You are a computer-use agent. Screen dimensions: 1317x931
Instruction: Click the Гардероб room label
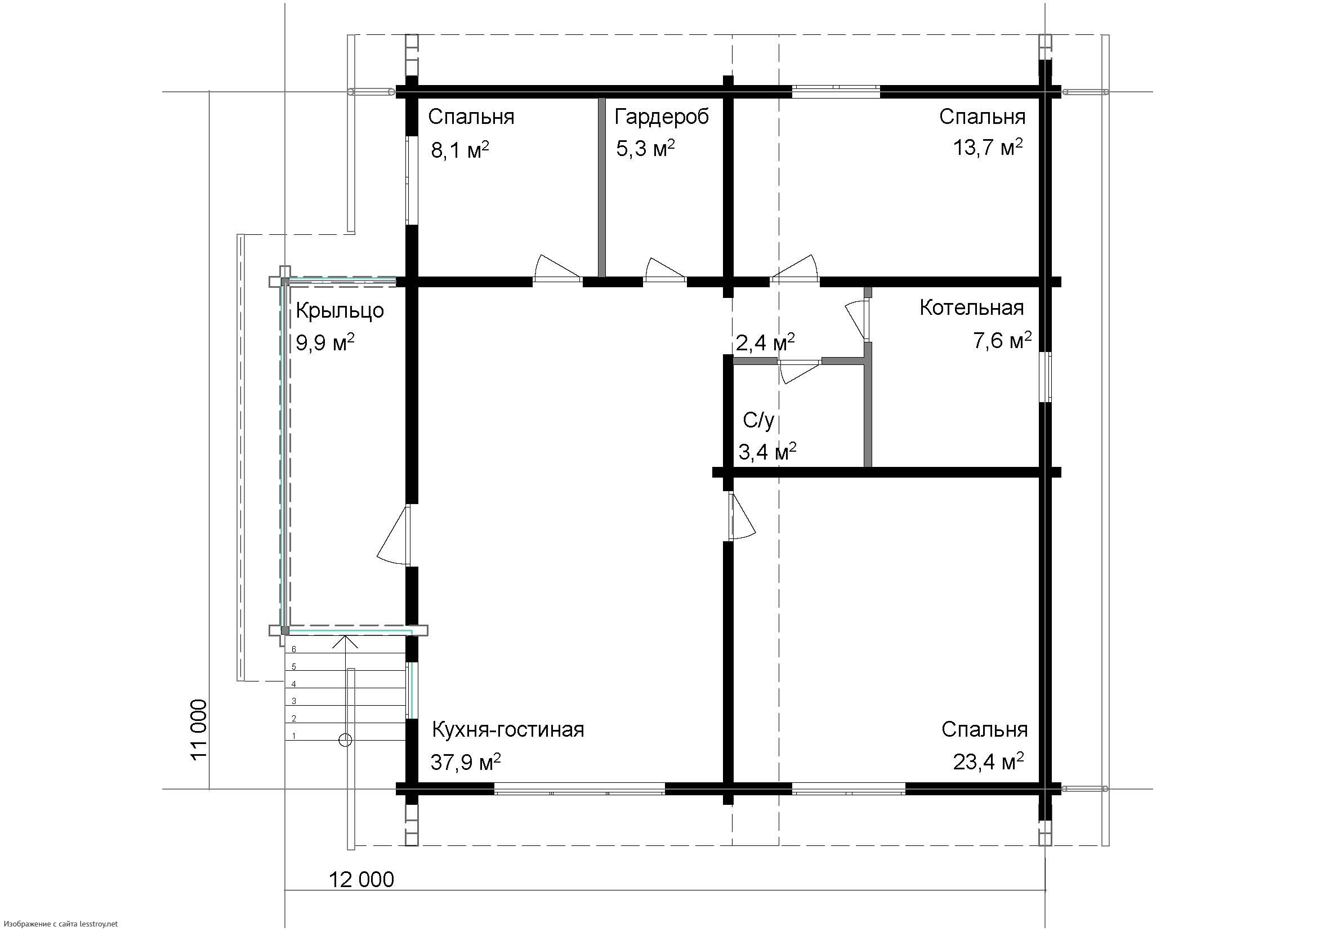pos(662,118)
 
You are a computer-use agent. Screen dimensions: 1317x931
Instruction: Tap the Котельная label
pos(972,308)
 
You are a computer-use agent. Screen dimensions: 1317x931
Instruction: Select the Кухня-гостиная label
pos(508,730)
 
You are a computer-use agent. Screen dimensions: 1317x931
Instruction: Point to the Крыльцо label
pos(340,311)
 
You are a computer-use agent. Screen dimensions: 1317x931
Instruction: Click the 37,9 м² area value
pos(466,762)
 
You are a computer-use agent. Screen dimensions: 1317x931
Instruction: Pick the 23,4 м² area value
pos(988,762)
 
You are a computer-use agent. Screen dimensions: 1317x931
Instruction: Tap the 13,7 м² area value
pos(988,148)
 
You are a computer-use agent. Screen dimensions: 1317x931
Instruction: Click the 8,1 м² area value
pos(460,150)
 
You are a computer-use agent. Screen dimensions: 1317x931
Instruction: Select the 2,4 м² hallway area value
pos(765,342)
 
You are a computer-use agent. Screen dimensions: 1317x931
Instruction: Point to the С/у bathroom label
pos(758,421)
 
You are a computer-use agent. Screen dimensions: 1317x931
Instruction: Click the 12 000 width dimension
pos(361,879)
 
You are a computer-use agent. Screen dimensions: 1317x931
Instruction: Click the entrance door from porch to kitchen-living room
pos(396,536)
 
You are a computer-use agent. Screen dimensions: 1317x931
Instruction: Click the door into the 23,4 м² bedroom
pos(741,516)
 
